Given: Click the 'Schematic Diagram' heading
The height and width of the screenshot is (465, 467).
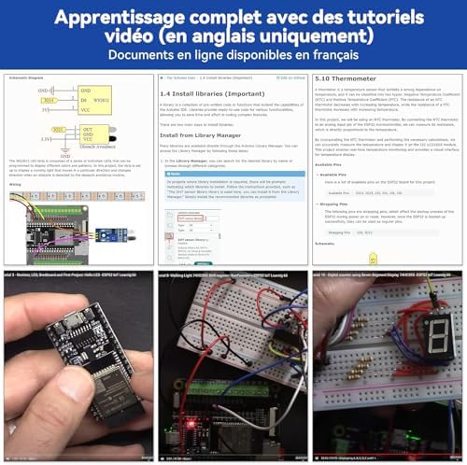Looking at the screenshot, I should tap(28, 80).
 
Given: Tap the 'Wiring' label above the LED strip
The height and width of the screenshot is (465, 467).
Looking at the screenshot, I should tap(15, 184).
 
